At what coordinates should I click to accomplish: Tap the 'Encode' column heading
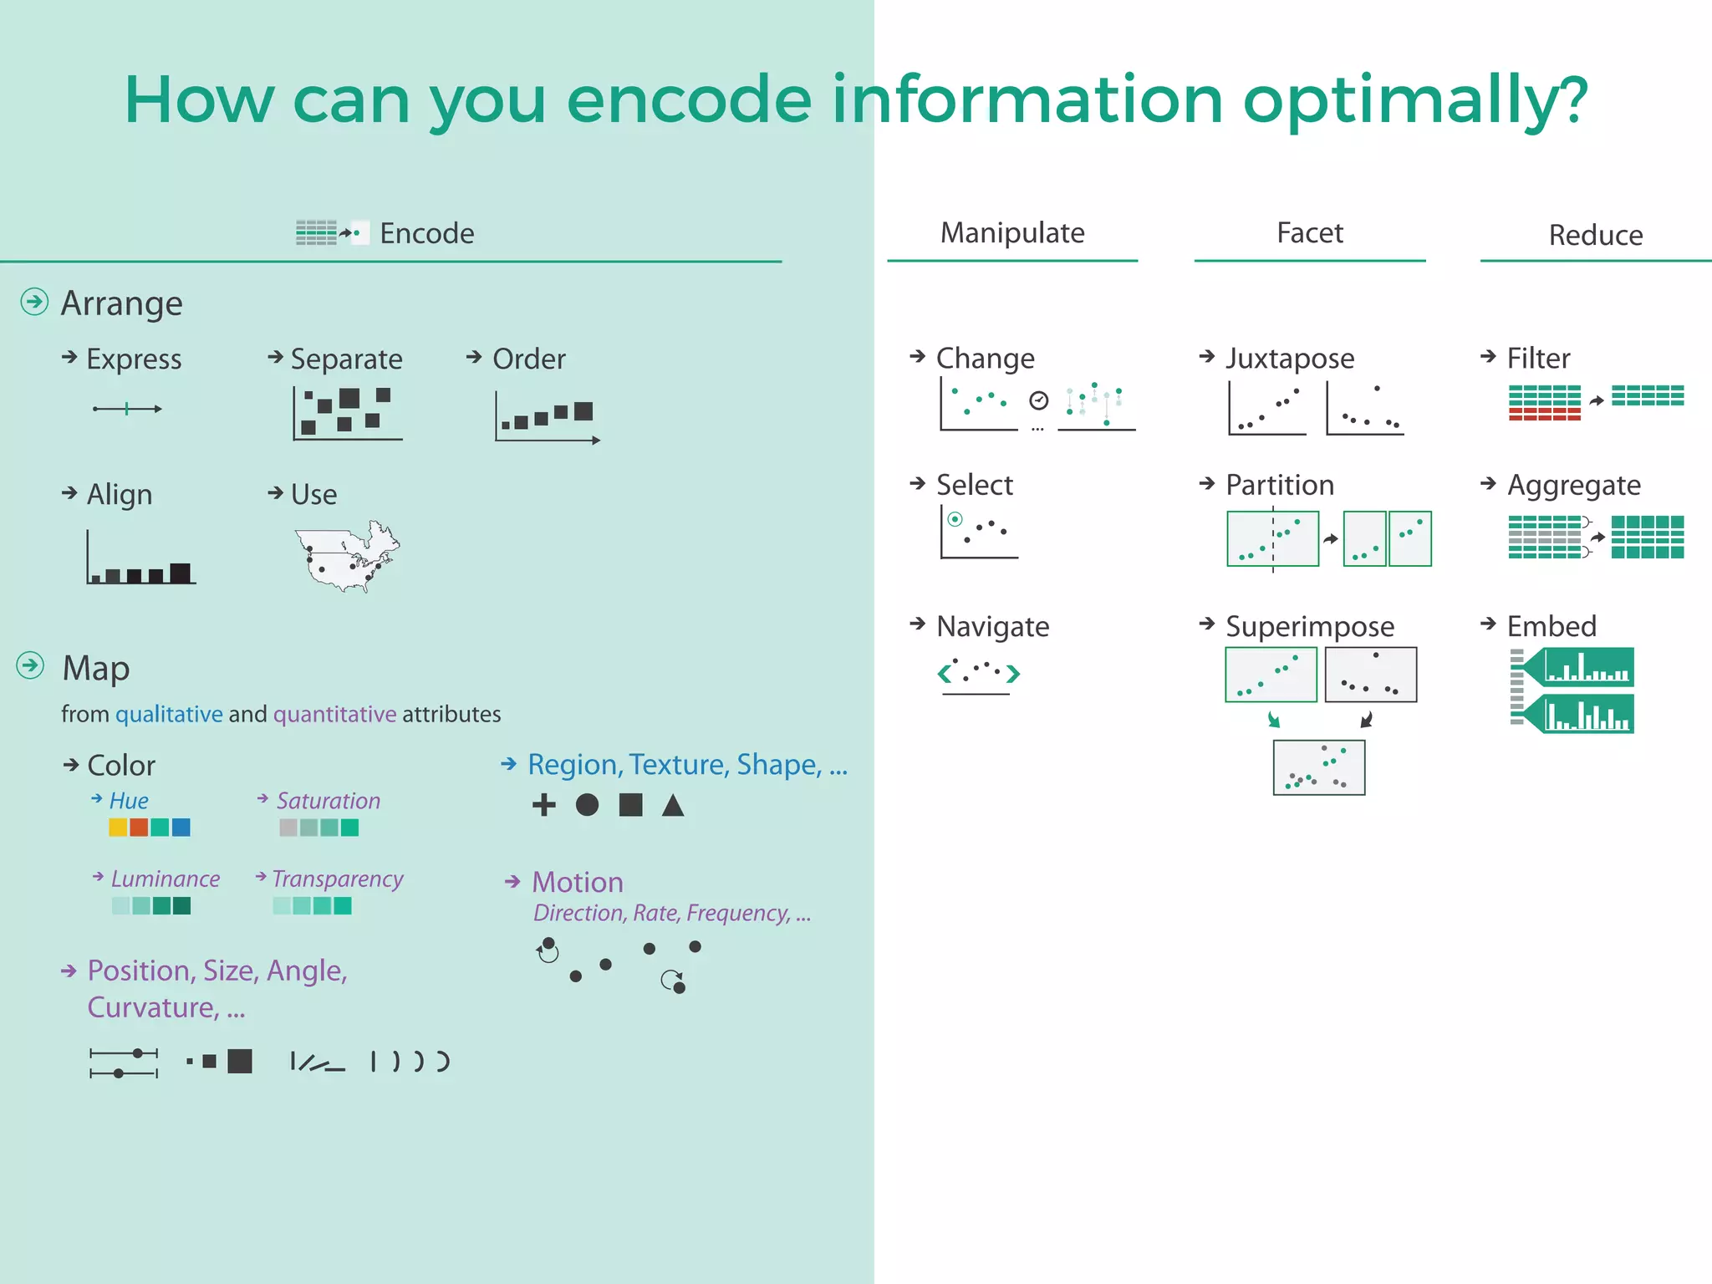pyautogui.click(x=426, y=233)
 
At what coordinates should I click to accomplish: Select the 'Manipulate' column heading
pyautogui.click(x=1011, y=232)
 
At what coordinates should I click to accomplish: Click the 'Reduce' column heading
pyautogui.click(x=1595, y=235)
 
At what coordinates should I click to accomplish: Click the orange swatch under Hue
pyautogui.click(x=139, y=828)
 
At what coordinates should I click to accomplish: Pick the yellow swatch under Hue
pyautogui.click(x=118, y=828)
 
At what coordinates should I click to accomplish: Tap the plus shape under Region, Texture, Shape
pyautogui.click(x=543, y=805)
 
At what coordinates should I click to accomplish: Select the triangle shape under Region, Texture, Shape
pyautogui.click(x=673, y=805)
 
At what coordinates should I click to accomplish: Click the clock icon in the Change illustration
pyautogui.click(x=1038, y=401)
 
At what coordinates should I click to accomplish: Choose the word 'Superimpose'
pyautogui.click(x=1309, y=626)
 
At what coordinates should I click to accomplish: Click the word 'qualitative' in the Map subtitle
pyautogui.click(x=169, y=714)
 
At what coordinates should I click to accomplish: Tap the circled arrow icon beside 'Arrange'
pyautogui.click(x=34, y=302)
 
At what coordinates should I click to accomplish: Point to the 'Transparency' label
pyautogui.click(x=337, y=879)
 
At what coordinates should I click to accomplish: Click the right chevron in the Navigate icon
pyautogui.click(x=1013, y=673)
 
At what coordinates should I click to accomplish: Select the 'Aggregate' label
pyautogui.click(x=1573, y=486)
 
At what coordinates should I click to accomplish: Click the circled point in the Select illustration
pyautogui.click(x=955, y=519)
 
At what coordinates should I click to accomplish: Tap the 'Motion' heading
pyautogui.click(x=578, y=882)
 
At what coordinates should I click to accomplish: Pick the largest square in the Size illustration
pyautogui.click(x=240, y=1061)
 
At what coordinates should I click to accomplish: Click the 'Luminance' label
pyautogui.click(x=165, y=879)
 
